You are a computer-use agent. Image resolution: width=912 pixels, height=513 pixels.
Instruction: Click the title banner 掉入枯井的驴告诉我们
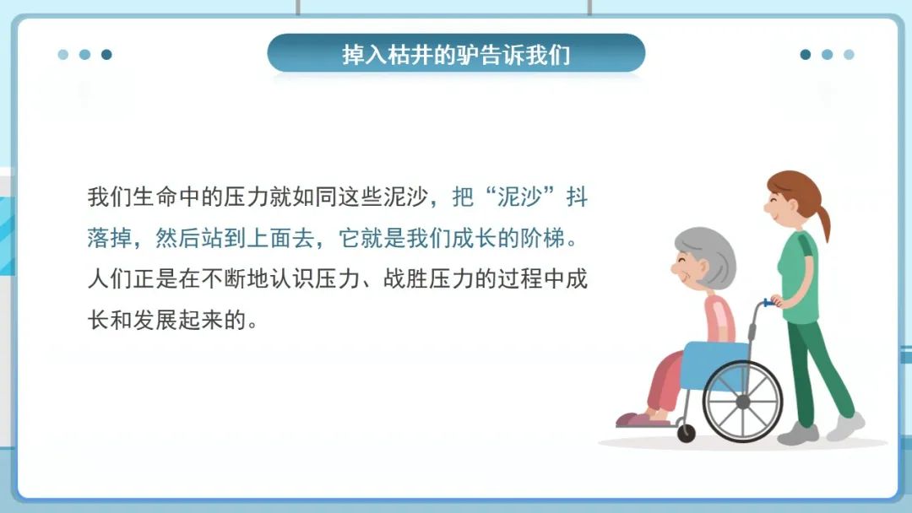456,54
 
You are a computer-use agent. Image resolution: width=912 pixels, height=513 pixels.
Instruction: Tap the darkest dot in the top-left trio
106,55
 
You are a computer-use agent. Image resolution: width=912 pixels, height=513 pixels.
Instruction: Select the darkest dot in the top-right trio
806,55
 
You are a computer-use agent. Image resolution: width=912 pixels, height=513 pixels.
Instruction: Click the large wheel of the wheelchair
742,402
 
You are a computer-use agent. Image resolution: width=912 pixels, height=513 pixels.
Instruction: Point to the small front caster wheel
686,433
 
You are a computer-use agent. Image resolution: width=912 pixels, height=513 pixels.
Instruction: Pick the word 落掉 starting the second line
109,239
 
